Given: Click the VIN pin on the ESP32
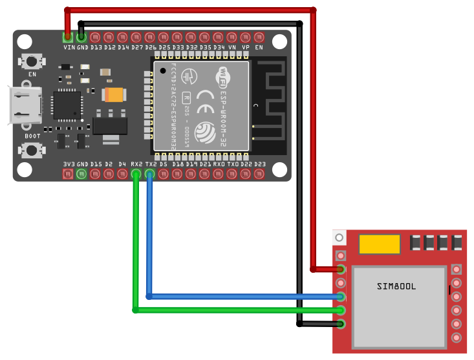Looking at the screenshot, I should (x=68, y=37).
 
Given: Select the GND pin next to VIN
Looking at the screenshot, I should (x=81, y=37).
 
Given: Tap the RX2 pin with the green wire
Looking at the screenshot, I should (x=136, y=174).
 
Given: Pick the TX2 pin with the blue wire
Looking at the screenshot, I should (x=150, y=174).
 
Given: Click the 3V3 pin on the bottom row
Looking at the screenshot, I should (x=69, y=174).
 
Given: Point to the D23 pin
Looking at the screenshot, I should (x=259, y=174).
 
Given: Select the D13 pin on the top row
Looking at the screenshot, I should (x=95, y=37).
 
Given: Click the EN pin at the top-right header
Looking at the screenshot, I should (x=259, y=37).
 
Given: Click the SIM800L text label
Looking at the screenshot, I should (x=396, y=286).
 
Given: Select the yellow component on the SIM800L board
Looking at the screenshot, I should (x=379, y=244).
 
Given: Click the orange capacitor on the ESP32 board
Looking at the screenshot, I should (x=114, y=95).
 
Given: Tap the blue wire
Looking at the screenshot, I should (x=246, y=297).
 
